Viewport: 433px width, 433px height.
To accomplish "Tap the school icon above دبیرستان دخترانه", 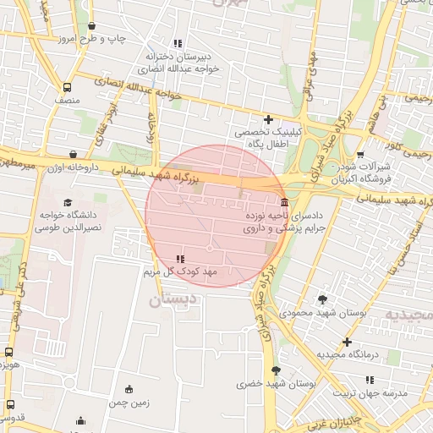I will point(177,43).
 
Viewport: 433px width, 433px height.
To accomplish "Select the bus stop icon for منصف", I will point(67,88).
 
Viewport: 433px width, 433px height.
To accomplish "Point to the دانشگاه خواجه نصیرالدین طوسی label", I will point(69,222).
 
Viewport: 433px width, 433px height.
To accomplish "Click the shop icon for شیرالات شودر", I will point(361,155).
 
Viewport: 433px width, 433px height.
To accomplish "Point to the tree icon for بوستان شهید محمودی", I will point(322,299).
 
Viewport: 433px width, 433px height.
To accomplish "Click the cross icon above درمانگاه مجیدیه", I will point(347,342).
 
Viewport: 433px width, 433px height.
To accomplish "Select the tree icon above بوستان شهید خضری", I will point(276,370).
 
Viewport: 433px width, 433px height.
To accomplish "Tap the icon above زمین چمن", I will point(129,389).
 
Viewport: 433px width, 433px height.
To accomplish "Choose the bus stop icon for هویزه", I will point(8,352).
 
